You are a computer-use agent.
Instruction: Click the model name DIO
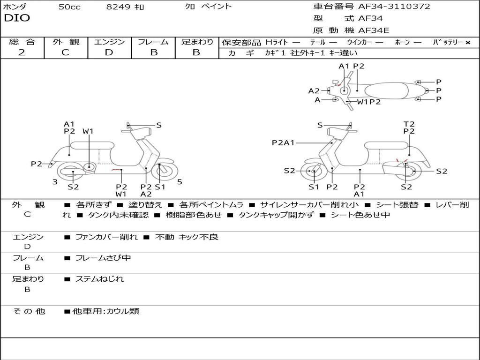(17, 18)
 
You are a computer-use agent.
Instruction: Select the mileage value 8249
(119, 7)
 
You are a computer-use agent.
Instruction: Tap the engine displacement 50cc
(69, 7)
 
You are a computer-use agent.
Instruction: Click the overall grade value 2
(22, 52)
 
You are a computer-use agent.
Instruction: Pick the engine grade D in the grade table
(109, 52)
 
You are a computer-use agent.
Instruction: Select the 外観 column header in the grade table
(66, 42)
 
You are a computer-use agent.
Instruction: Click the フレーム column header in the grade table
(153, 42)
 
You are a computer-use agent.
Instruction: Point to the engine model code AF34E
(374, 30)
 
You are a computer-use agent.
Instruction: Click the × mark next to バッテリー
(467, 43)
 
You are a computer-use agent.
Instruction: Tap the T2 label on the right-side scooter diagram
(409, 124)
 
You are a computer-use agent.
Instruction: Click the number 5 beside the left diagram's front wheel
(180, 182)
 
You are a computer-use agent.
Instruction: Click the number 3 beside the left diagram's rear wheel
(55, 182)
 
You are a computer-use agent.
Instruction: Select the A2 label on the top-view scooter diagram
(314, 91)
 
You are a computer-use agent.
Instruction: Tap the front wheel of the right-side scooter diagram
(313, 172)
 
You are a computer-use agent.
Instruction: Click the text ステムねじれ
(99, 279)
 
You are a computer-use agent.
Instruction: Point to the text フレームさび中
(103, 258)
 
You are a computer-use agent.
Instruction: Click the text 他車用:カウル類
(105, 311)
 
